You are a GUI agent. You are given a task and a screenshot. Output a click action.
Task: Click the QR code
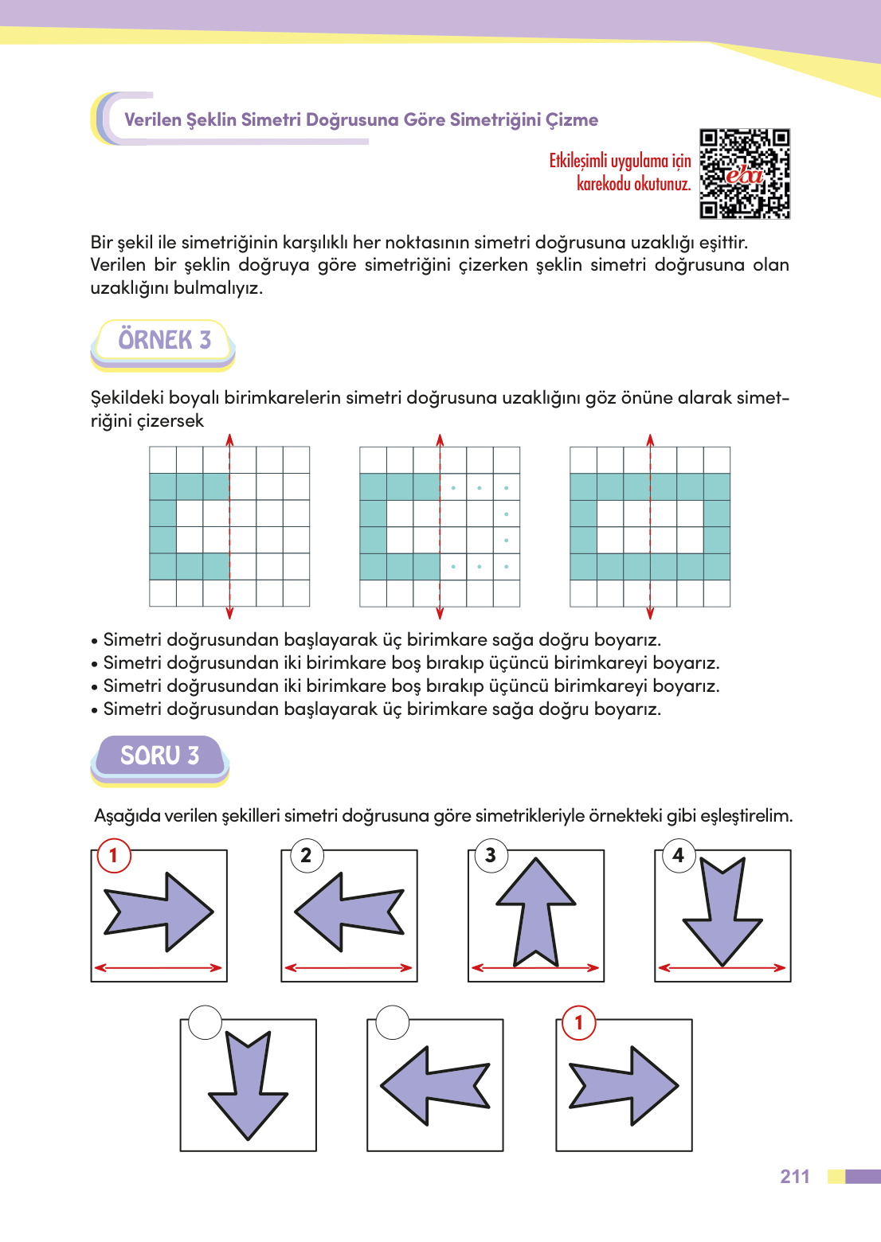744,174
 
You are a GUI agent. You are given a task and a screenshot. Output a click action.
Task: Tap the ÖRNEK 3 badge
164,341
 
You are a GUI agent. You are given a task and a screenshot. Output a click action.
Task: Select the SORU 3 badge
159,756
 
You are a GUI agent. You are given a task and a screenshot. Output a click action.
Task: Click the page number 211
794,1177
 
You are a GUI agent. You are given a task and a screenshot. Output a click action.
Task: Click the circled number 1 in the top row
113,856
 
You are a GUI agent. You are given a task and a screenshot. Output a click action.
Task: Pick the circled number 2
306,856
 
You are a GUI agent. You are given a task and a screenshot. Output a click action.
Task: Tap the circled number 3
491,856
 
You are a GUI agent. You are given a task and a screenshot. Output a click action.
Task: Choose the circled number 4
678,856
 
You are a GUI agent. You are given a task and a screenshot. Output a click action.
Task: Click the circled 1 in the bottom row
579,1022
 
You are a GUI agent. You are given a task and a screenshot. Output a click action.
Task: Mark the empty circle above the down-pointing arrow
205,1022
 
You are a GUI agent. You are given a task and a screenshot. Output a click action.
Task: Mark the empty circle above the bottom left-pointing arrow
392,1022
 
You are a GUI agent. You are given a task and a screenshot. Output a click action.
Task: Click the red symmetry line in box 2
349,968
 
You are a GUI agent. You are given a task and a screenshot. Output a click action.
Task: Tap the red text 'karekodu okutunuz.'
633,184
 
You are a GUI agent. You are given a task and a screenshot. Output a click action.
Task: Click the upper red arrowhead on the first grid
229,439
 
